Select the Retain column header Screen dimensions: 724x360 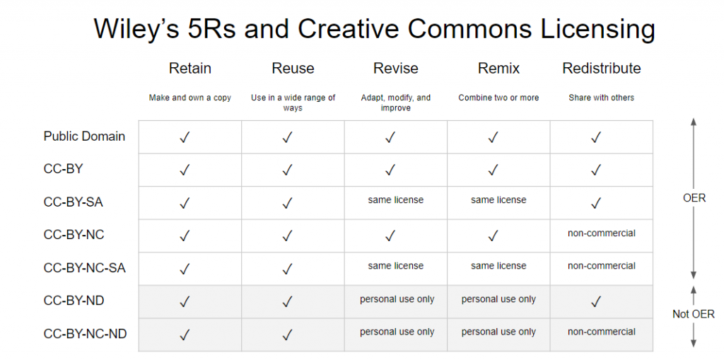(x=189, y=69)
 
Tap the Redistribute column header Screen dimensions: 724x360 (x=601, y=69)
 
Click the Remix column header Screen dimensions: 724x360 (x=498, y=69)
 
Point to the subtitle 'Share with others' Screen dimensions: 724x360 (x=601, y=98)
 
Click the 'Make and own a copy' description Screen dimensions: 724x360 (x=189, y=98)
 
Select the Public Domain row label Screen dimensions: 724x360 (x=85, y=137)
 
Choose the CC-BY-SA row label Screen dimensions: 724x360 (x=74, y=202)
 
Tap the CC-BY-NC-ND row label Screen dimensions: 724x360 (x=86, y=334)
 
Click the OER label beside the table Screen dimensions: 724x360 (x=694, y=198)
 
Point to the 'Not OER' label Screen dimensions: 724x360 (x=694, y=314)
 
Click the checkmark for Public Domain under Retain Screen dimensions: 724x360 (x=185, y=137)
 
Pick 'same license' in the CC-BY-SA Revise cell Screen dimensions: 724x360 (x=396, y=199)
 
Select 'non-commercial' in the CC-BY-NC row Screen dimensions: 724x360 (x=602, y=233)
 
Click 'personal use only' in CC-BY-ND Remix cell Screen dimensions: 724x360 (x=498, y=299)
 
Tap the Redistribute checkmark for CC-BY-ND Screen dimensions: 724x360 (x=596, y=302)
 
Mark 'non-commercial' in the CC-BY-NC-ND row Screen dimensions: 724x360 (x=602, y=332)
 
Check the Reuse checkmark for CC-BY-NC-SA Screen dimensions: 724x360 (x=288, y=269)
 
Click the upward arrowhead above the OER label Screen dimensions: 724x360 (x=694, y=122)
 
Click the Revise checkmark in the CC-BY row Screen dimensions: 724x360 (x=390, y=170)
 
